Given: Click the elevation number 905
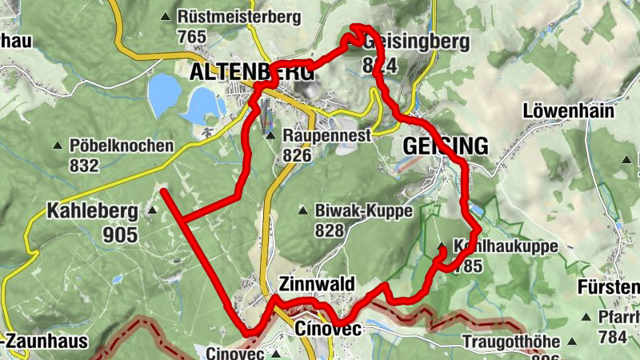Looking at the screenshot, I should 120,234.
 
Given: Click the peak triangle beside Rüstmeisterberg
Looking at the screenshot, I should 166,16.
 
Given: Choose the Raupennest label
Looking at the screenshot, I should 326,135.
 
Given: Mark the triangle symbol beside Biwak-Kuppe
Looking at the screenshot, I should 302,211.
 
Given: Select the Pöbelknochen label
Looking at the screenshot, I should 122,146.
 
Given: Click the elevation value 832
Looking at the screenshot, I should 83,166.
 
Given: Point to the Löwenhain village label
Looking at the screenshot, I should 568,110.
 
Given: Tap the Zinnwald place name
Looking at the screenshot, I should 316,285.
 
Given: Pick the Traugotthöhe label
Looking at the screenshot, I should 512,342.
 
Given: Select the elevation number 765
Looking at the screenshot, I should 193,36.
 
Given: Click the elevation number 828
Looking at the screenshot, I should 329,231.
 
